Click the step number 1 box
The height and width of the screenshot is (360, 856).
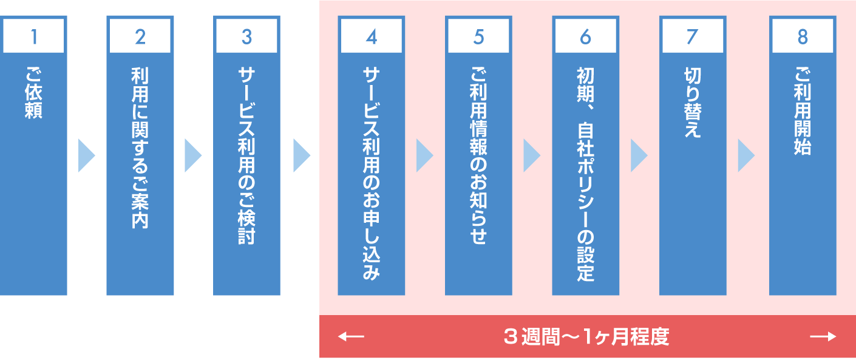click(34, 37)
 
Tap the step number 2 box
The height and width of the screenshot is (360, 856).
click(140, 37)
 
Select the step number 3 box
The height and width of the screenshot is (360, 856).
click(246, 37)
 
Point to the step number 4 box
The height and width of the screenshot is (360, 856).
click(372, 37)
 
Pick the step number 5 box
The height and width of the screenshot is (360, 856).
click(478, 37)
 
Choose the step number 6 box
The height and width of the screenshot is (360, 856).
click(585, 37)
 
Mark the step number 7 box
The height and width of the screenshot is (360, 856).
click(692, 37)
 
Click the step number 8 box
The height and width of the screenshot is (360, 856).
click(803, 37)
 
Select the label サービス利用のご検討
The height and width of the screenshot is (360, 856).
click(246, 155)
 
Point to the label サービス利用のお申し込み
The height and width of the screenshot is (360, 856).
click(372, 173)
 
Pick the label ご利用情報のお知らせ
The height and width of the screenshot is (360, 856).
click(478, 155)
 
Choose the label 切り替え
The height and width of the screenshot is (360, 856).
click(692, 102)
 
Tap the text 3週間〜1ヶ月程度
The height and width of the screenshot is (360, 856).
click(586, 336)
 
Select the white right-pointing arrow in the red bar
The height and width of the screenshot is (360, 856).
click(823, 336)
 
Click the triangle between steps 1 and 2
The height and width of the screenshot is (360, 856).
click(86, 155)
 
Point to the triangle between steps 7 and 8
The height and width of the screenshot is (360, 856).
click(746, 155)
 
